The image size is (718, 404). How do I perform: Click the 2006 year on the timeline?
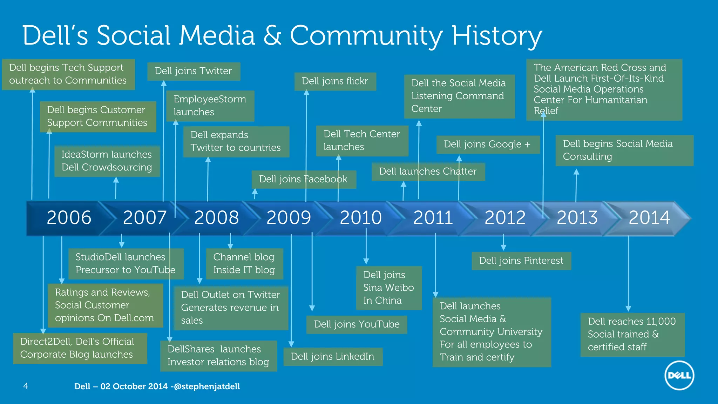coord(69,218)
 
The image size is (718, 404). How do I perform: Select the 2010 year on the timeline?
coord(361,218)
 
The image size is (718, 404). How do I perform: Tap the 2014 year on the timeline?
coord(649,218)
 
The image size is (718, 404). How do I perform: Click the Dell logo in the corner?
coord(679,375)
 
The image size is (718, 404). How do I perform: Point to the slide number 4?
coord(26,386)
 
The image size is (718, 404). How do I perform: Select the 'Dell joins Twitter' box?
coord(194,71)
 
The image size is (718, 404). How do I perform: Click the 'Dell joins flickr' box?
coord(335,81)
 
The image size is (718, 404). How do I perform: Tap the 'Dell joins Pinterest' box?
coord(521,261)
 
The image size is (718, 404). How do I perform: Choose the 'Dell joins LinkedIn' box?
coord(332,357)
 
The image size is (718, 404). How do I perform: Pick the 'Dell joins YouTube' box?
coord(357,324)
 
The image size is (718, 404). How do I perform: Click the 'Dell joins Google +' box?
coord(487,144)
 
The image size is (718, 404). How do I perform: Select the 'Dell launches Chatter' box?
coord(428,171)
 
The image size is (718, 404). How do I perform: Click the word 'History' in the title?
coord(497,36)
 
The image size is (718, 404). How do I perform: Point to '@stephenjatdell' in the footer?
coord(207,386)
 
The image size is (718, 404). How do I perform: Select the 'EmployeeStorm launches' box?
coord(210,106)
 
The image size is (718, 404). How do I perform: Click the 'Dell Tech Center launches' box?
coord(362,140)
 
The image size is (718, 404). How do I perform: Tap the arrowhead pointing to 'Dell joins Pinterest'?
coord(503,247)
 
